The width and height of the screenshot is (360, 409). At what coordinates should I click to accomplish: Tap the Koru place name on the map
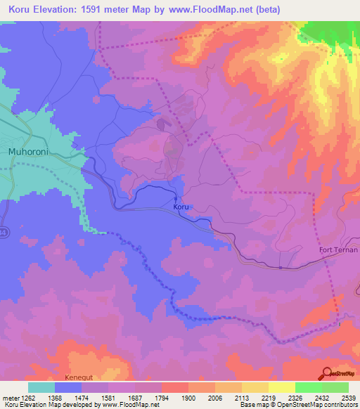[181, 207]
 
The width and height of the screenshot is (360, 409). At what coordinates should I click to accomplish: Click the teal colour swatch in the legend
[41, 387]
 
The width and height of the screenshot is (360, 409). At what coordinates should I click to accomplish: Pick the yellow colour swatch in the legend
[281, 387]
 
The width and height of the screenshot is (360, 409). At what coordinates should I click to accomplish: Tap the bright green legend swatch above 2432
[308, 387]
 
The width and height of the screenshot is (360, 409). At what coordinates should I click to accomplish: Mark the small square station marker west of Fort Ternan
[280, 267]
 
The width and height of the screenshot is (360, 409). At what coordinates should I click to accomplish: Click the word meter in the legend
[8, 398]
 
